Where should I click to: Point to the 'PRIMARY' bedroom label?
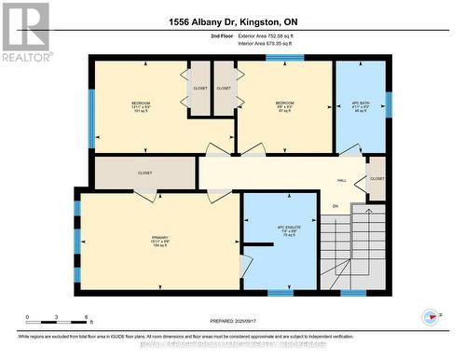tap(160, 240)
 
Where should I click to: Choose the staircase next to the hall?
tap(353, 252)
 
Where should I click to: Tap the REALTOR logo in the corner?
tap(25, 32)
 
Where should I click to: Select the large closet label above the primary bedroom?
tap(144, 173)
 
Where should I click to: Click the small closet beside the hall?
tap(377, 178)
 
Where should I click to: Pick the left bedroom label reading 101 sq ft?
tap(142, 105)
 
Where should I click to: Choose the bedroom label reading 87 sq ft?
tap(284, 105)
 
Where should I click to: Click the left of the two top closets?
tap(200, 89)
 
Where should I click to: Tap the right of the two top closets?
tap(224, 89)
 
